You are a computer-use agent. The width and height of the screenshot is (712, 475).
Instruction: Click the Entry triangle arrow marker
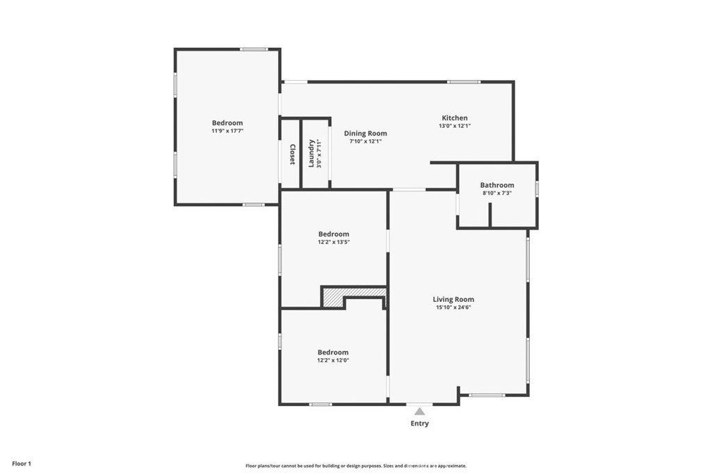pos(419,412)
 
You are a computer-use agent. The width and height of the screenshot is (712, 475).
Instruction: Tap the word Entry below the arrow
pos(419,424)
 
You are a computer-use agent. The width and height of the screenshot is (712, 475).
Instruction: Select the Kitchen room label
pos(455,118)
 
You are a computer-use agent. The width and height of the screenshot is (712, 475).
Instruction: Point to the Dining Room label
pos(366,134)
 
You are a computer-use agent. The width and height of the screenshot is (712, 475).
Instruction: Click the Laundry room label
pos(311,154)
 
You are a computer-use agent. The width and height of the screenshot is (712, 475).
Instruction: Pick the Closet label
pos(293,154)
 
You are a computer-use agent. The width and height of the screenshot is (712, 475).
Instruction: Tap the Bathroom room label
pos(497,185)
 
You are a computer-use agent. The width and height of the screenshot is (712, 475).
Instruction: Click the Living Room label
pos(453,299)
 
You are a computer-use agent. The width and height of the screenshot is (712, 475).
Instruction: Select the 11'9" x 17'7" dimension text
pos(227,131)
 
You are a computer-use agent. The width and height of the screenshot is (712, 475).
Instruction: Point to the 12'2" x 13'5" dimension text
pos(334,242)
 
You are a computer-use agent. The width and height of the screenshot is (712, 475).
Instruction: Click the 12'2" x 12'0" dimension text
pos(333,360)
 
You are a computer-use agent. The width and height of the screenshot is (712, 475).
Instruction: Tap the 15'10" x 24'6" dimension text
pos(453,307)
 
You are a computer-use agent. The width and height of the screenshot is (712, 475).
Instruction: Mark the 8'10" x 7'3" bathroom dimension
pos(497,193)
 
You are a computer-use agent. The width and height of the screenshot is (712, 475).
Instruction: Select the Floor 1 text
pos(22,464)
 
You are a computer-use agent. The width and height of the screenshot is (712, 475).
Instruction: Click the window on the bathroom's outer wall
pos(537,189)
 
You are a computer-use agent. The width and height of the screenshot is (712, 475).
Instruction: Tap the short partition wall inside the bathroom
pos(490,214)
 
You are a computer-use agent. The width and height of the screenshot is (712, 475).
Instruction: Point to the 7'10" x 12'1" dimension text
pos(366,142)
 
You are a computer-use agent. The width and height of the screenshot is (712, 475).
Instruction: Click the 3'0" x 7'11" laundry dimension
pos(319,154)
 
